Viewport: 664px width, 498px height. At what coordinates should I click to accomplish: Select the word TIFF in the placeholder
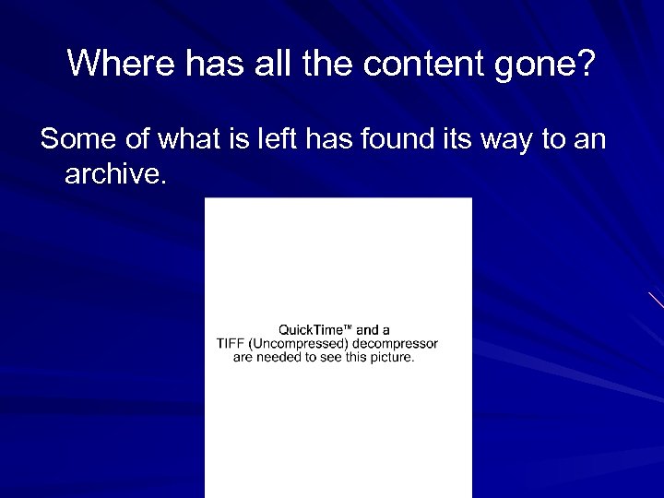(x=231, y=344)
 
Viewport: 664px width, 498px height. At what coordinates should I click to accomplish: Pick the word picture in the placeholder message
(x=391, y=358)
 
